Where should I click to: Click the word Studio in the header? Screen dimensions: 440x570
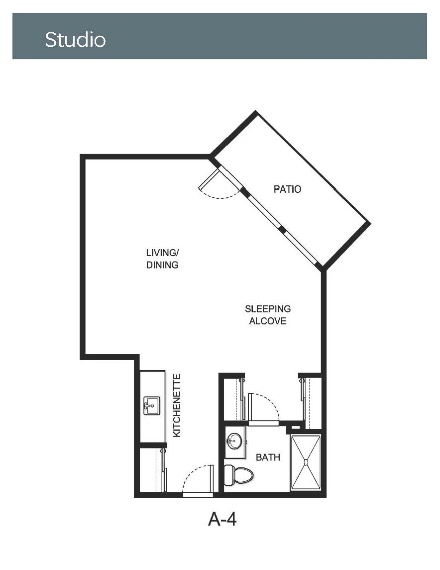75,39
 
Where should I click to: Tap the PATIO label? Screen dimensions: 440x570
287,189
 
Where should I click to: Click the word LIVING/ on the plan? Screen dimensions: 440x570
162,253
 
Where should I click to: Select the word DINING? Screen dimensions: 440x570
162,265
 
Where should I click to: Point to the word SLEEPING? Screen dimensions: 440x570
268,309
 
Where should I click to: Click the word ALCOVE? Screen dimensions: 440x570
268,321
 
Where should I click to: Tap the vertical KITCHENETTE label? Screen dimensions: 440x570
177,406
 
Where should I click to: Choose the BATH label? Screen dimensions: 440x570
268,457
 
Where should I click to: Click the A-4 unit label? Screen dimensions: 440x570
222,519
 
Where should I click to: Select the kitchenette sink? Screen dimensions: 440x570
151,406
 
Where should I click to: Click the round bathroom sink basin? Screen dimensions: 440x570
234,441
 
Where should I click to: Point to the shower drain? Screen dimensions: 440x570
306,462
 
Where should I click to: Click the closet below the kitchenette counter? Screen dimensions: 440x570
152,470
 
